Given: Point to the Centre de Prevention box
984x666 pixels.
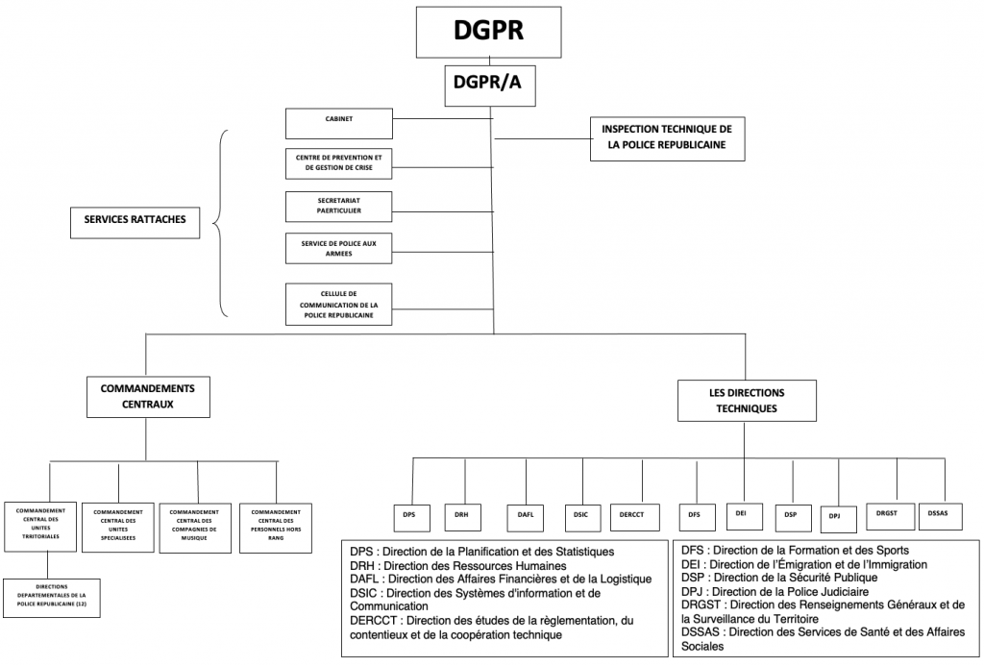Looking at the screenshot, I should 338,163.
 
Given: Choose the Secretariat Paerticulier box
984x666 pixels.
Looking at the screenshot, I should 338,205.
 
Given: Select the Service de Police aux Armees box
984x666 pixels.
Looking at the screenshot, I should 338,248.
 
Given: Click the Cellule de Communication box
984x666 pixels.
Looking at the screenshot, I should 338,303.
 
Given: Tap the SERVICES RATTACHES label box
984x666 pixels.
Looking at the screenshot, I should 135,221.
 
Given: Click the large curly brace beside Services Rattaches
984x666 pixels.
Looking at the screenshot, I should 220,223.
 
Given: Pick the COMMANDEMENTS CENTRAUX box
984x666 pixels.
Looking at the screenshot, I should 147,397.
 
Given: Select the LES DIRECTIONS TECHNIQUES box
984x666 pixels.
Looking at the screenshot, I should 745,400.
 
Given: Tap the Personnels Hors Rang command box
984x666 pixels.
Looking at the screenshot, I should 275,528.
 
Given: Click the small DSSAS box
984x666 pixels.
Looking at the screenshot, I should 939,513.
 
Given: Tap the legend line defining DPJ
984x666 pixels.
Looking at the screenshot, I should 770,591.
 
